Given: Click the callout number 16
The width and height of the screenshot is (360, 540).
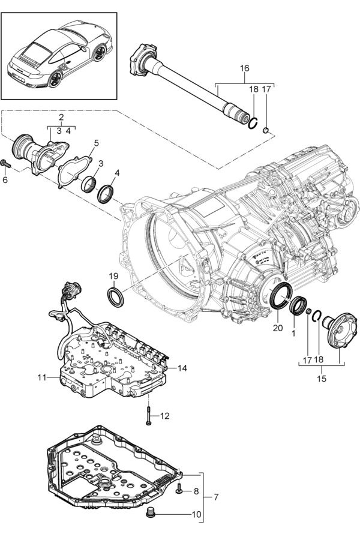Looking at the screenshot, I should pyautogui.click(x=244, y=69).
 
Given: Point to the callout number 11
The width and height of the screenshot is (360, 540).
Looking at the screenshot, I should pyautogui.click(x=41, y=377).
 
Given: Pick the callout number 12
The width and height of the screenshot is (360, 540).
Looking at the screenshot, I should pyautogui.click(x=165, y=415).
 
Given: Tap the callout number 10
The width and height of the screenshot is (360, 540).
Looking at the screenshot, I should pyautogui.click(x=196, y=515).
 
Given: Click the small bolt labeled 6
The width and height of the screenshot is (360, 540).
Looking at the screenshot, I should pyautogui.click(x=5, y=163).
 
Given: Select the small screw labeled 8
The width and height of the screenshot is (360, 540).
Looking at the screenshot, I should pyautogui.click(x=179, y=491).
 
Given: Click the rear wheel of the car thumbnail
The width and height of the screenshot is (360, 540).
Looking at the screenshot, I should pyautogui.click(x=58, y=79).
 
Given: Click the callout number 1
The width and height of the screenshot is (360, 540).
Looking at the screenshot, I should pyautogui.click(x=294, y=331).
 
